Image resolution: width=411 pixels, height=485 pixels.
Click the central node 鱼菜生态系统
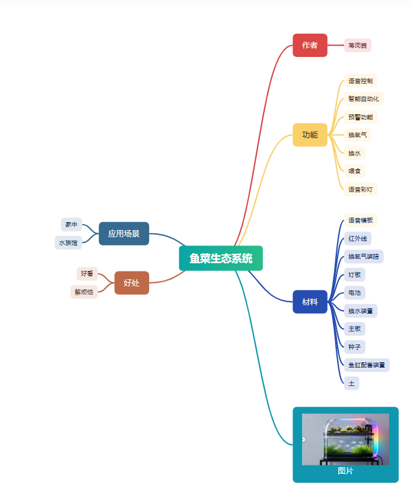coord(220,258)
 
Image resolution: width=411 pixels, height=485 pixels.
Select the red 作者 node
coord(310,45)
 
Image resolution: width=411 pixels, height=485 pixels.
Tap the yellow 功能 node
coord(310,135)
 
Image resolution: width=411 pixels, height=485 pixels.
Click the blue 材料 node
coord(310,302)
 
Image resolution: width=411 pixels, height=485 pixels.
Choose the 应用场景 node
coord(124,234)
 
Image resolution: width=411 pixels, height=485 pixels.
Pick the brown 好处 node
coord(131,283)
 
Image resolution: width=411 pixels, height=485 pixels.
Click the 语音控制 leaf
coord(361,81)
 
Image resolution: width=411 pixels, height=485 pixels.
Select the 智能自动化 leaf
coord(364,98)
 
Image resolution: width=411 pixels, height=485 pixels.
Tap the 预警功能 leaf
coord(361,117)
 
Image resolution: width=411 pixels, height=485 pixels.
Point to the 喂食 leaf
coord(355,171)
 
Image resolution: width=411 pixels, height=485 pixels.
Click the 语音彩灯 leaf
coord(361,189)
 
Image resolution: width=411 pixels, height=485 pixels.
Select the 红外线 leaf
coord(358,238)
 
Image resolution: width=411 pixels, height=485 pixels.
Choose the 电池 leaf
coord(355,292)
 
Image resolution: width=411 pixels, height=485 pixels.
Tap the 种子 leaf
coord(355,346)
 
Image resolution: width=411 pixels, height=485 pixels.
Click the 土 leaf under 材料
coord(351,383)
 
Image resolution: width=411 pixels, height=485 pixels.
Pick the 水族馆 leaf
coord(68,242)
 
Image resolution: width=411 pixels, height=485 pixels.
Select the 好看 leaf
coord(87,273)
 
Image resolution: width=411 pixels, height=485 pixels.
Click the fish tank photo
coord(345,439)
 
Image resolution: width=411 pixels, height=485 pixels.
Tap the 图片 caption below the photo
coord(345,471)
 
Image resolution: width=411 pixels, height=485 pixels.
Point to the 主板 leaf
coord(355,328)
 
